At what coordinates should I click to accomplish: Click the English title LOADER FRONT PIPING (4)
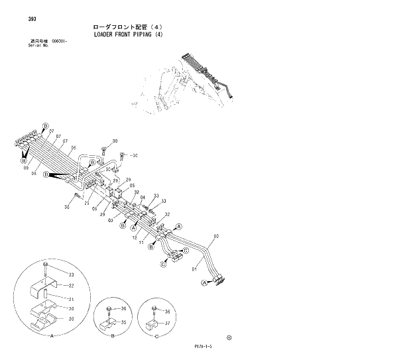tap(127, 35)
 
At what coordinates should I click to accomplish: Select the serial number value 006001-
tap(60, 42)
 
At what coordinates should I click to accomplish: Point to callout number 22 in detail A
tap(70, 286)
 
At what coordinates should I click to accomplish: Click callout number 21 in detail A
tap(70, 299)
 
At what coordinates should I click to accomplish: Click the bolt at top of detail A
tap(44, 268)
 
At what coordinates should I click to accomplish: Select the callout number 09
tap(26, 169)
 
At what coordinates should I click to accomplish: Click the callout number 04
tap(142, 198)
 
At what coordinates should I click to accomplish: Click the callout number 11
tap(141, 243)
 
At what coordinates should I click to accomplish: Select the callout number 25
tap(87, 204)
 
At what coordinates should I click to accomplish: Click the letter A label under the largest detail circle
tap(52, 336)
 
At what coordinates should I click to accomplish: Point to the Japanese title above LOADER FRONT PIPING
tap(126, 27)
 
